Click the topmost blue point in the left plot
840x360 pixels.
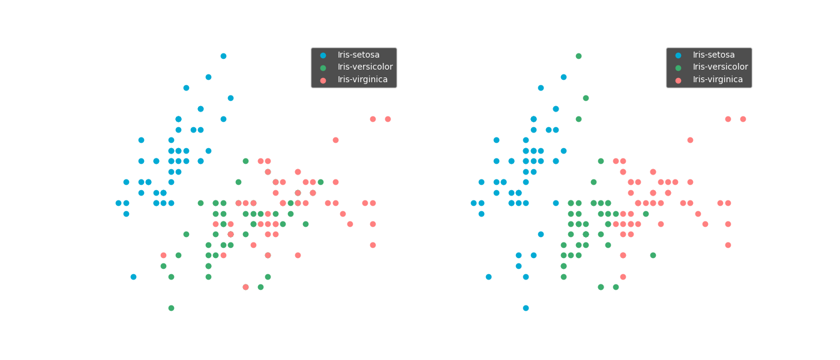tap(223, 56)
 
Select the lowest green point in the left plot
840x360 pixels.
tap(171, 308)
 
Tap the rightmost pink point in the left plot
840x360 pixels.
tap(388, 119)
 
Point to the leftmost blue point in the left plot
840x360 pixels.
tap(118, 203)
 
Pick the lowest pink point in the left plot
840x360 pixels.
tap(245, 287)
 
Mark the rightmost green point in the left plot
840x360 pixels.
tap(320, 182)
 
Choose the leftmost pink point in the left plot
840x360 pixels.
tap(163, 255)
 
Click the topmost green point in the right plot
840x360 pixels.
tap(578, 56)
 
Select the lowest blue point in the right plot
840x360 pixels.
tap(526, 308)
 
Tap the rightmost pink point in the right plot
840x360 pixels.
tap(743, 119)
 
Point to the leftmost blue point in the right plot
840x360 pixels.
tap(473, 203)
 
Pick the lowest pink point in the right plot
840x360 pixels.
tap(623, 277)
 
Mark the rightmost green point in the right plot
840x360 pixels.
tap(653, 255)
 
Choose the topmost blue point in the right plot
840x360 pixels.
tap(563, 77)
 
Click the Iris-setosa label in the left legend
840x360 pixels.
tap(358, 55)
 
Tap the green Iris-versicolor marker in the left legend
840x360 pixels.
tap(323, 67)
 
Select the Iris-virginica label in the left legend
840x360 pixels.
tap(362, 80)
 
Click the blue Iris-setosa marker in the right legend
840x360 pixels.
tap(678, 55)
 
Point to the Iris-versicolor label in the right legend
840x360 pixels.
tap(720, 67)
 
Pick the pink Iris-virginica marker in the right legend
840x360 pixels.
tap(678, 80)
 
